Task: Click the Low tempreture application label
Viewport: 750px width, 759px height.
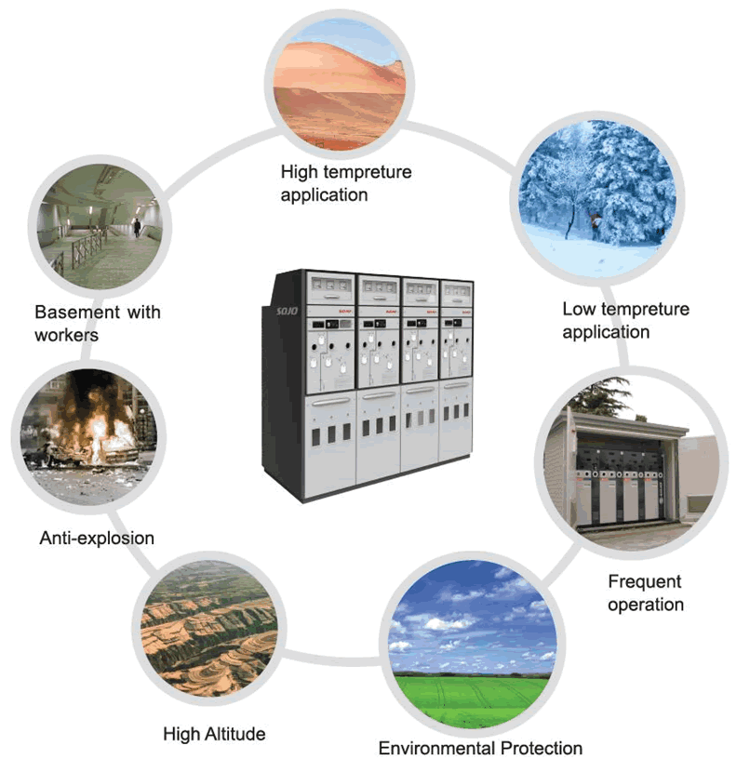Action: (x=625, y=320)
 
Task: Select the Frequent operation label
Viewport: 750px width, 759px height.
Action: (x=645, y=593)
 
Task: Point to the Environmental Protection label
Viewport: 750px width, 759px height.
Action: (x=480, y=748)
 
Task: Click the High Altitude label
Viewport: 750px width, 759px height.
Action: (x=214, y=733)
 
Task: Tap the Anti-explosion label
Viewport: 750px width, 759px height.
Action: (x=97, y=538)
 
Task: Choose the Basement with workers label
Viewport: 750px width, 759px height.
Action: (x=97, y=322)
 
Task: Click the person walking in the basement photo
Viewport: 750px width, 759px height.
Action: (x=137, y=226)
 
